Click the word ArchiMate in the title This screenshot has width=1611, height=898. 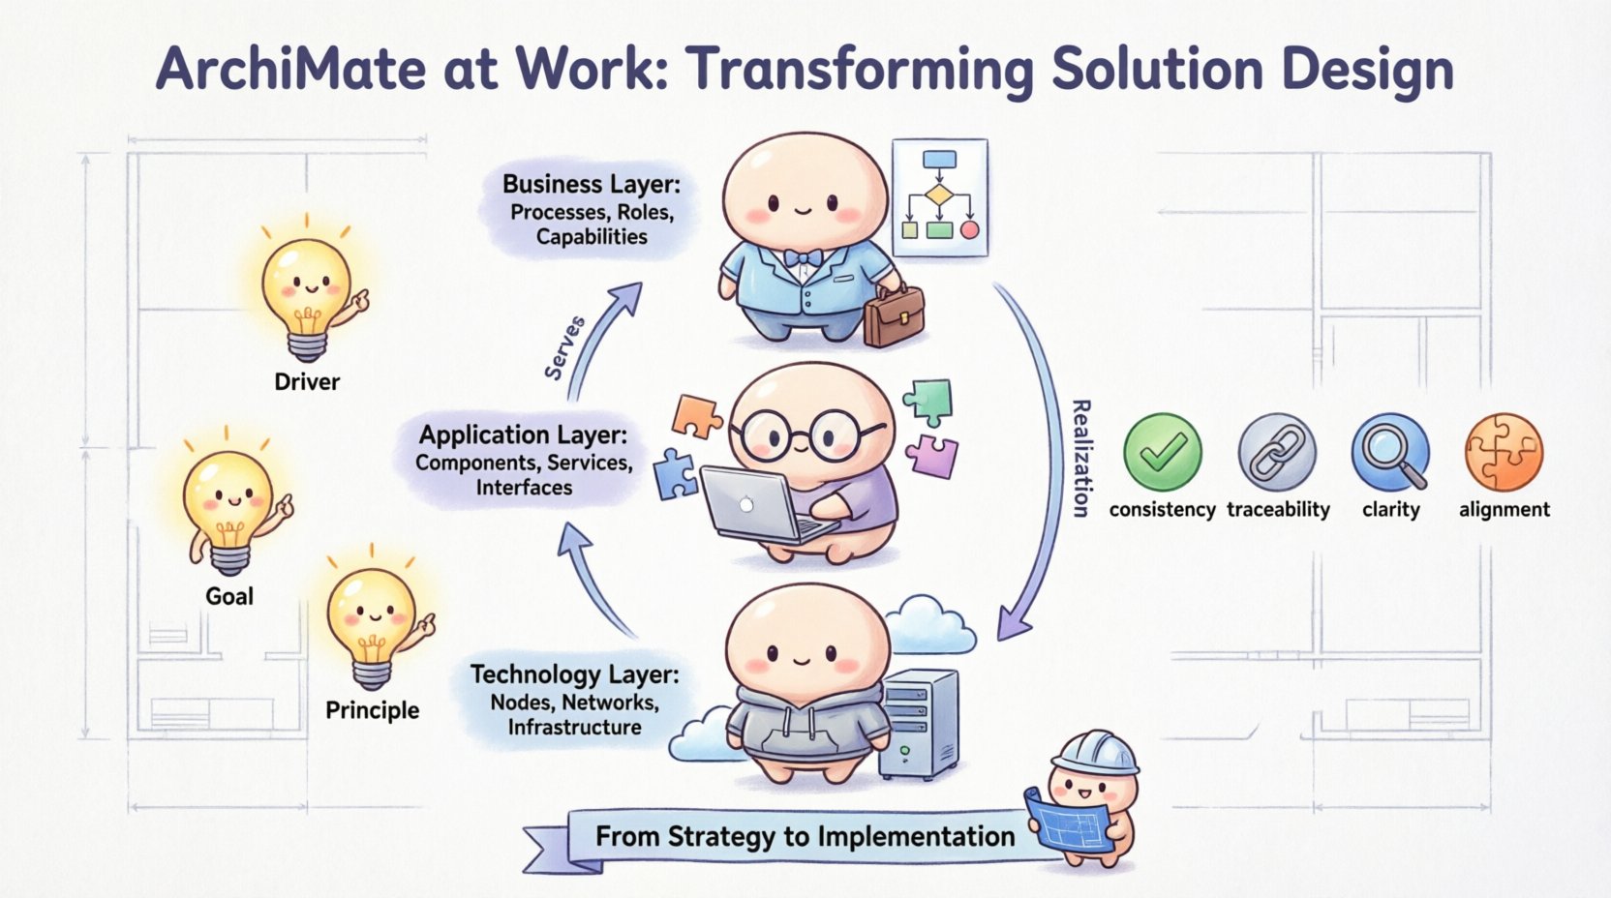tap(290, 69)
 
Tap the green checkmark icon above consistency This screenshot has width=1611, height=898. tap(1162, 452)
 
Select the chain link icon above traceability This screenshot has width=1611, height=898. tap(1277, 452)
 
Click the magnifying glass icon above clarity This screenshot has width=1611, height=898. tap(1390, 452)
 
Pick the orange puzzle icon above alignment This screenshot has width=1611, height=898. tap(1504, 452)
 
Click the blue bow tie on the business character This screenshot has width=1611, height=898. tap(803, 257)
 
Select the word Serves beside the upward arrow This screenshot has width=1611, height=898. tap(564, 347)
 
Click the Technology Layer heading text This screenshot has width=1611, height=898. tap(574, 674)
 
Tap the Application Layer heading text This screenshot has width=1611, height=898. tap(523, 434)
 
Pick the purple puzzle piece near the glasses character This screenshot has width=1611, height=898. tap(931, 455)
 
